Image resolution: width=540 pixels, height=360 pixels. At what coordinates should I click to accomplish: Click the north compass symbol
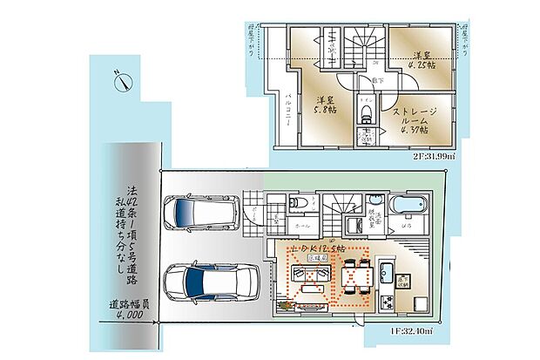click(x=122, y=82)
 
